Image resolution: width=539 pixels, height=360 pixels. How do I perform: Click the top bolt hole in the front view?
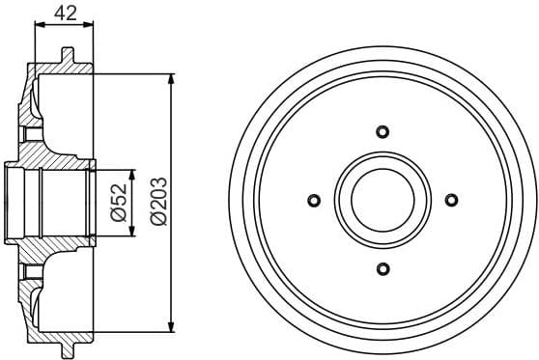click(x=382, y=132)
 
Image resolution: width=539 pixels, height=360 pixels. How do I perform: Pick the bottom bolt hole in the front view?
click(x=382, y=267)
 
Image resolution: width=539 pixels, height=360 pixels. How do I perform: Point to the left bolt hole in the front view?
click(x=313, y=200)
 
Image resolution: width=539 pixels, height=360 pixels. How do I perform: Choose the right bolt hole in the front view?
click(x=450, y=200)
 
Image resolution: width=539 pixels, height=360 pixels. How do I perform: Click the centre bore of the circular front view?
click(x=382, y=200)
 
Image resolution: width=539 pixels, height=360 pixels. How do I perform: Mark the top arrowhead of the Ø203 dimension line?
click(x=172, y=77)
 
